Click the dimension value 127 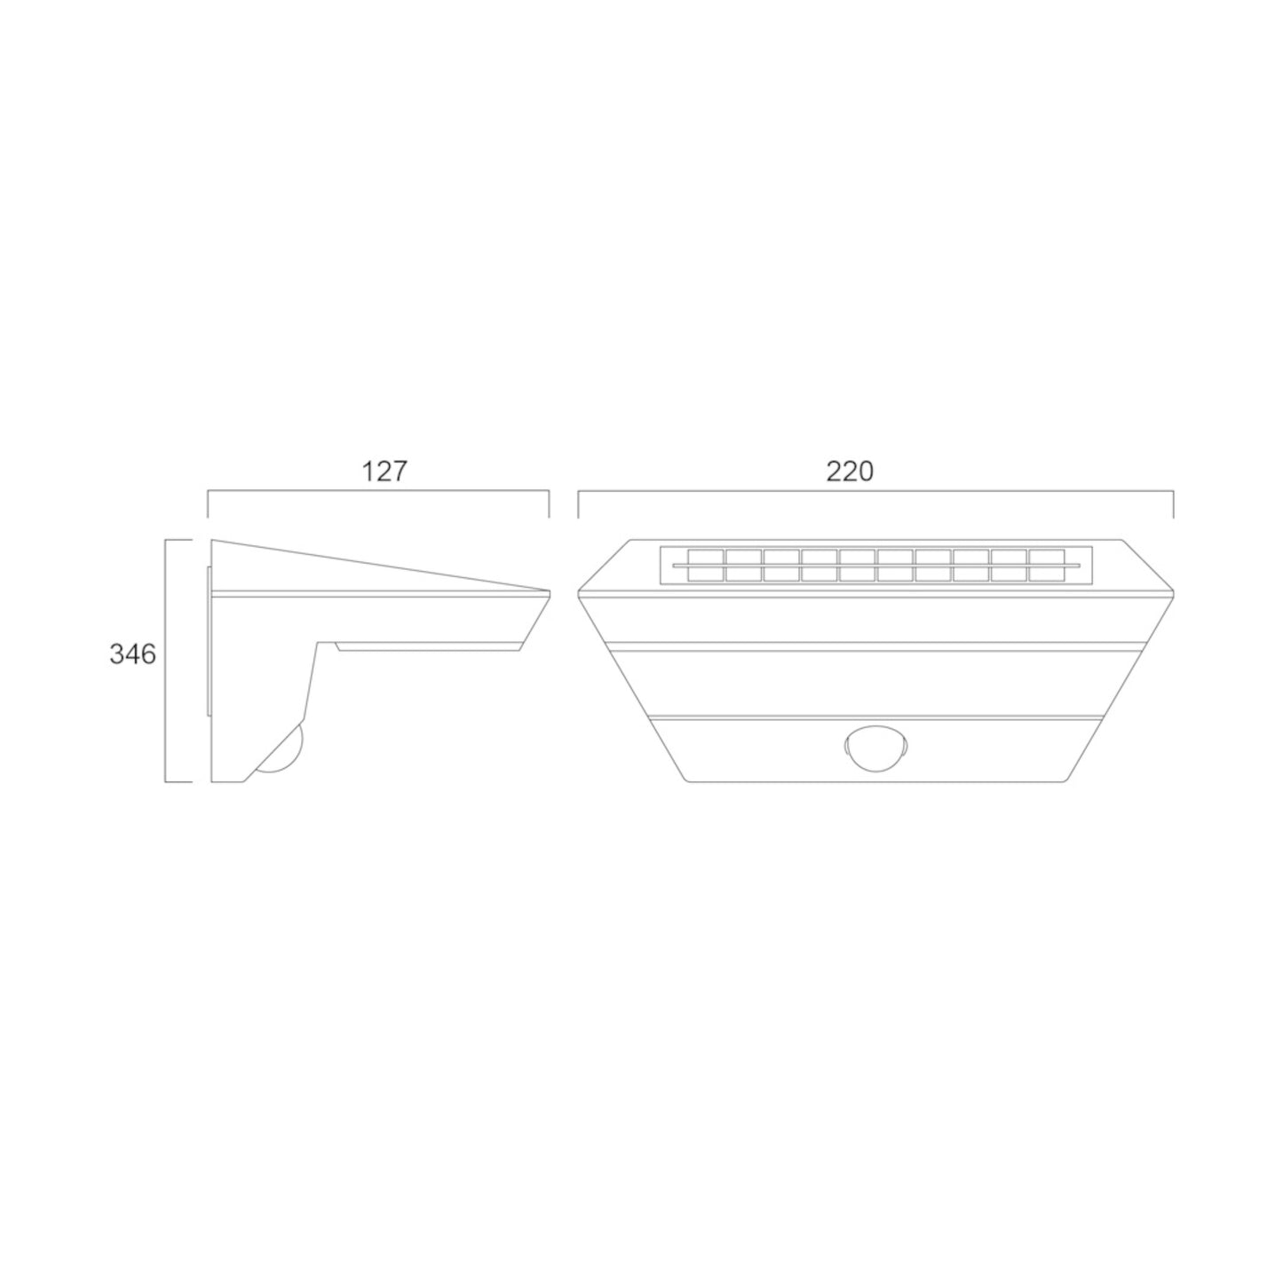[384, 471]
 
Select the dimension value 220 [850, 471]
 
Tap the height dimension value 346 [132, 654]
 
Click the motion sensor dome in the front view [875, 749]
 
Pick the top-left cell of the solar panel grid [706, 557]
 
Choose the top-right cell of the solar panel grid [1047, 557]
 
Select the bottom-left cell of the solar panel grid [706, 574]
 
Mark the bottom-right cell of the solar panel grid [1047, 574]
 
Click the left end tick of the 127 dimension [209, 504]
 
